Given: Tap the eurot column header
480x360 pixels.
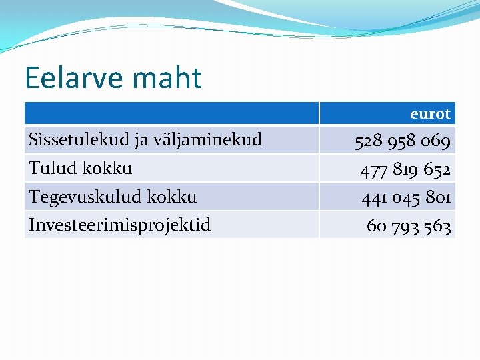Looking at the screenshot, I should point(430,114).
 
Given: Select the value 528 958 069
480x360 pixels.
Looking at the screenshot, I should point(403,141).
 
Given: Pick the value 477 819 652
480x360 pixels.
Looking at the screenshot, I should point(405,170).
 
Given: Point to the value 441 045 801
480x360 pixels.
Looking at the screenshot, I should point(406,198).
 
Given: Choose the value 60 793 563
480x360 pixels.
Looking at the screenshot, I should point(409,227).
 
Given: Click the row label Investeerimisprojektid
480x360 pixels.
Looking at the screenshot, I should point(119,225).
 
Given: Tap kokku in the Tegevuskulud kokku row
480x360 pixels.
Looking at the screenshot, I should point(171,197).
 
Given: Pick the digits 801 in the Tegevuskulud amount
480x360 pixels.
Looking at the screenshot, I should point(438,198).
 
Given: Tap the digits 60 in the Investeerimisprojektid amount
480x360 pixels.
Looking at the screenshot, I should point(376,227).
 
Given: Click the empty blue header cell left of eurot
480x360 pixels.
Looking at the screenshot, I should point(171,113).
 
